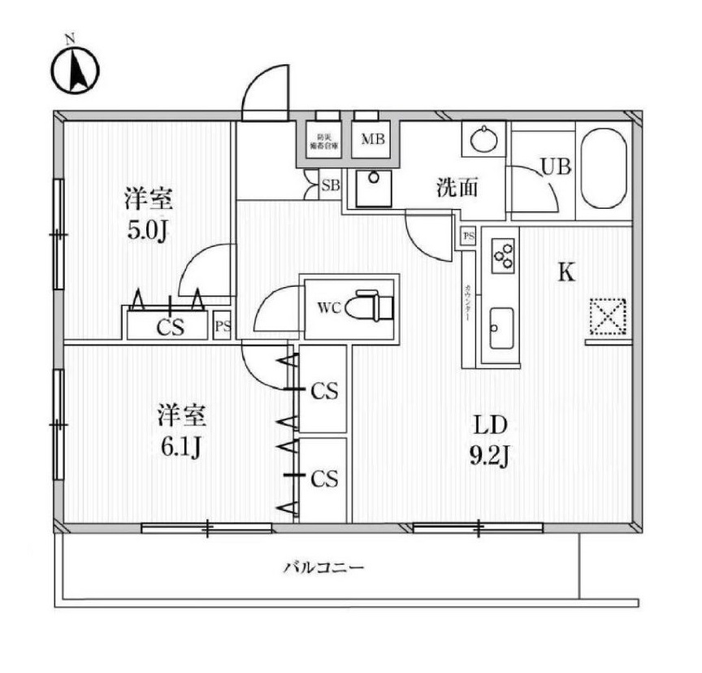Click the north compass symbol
coord(76,70)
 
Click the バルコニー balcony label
coord(323,567)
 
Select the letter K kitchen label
coord(565,272)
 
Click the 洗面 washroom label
coord(457,189)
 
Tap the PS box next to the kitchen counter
coord(468,236)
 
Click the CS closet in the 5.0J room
coord(170,327)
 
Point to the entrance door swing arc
coord(265,91)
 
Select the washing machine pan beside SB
coord(374,190)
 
